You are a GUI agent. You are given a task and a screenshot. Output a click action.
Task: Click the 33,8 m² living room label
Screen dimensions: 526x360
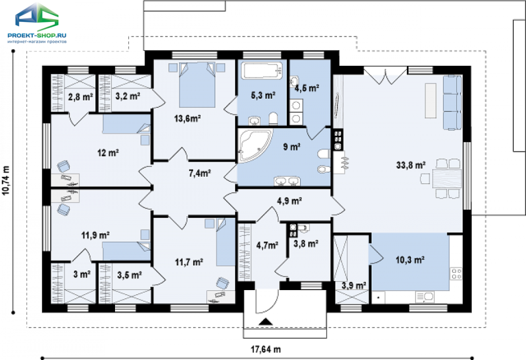tap(411, 165)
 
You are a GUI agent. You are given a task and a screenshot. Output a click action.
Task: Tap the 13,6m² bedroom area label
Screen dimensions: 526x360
tap(187, 118)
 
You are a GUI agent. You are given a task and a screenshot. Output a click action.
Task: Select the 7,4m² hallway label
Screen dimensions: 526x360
tap(199, 173)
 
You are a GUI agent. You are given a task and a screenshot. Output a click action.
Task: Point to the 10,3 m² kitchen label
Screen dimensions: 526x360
tap(410, 259)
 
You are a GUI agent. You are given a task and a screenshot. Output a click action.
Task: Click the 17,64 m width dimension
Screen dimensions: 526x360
tap(266, 349)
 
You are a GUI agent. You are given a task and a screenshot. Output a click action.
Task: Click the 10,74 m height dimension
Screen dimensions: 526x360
tap(6, 180)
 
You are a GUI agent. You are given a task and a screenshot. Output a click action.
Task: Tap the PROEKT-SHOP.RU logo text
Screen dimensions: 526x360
tap(37, 35)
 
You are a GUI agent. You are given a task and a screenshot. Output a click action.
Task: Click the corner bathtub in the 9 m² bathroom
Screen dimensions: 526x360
tap(255, 145)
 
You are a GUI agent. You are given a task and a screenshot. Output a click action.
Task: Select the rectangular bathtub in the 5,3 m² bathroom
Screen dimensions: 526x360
tap(262, 70)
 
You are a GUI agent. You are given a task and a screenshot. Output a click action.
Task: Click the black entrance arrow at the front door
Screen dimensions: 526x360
tap(266, 322)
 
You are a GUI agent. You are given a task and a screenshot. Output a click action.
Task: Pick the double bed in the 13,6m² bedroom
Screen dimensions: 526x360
tap(197, 84)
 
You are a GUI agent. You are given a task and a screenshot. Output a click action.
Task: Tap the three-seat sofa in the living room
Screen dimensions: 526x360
tap(452, 102)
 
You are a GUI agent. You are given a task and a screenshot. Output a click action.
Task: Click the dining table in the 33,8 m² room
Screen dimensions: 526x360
tap(447, 179)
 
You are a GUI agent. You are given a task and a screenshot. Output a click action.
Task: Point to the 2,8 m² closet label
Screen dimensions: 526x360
tap(80, 97)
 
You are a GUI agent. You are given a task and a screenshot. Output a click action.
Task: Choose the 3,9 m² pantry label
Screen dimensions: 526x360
tap(354, 285)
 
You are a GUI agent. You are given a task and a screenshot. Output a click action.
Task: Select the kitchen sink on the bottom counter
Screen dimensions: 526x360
tap(425, 297)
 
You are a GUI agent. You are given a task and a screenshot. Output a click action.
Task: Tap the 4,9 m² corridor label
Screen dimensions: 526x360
tap(289, 201)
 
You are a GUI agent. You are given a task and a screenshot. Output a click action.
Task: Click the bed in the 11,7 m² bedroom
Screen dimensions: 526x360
tap(225, 242)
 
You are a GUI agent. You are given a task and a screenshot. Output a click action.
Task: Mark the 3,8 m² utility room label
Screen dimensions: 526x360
tap(306, 244)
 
